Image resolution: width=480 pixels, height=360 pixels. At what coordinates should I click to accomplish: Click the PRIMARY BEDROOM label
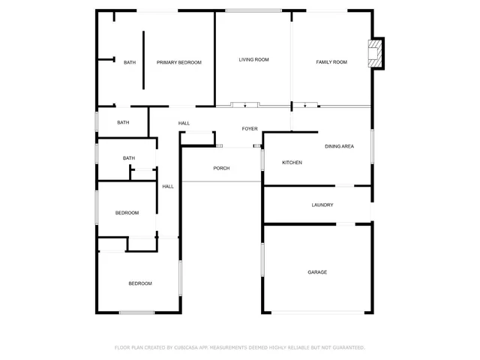click(178, 63)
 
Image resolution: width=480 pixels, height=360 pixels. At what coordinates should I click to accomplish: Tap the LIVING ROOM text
click(253, 60)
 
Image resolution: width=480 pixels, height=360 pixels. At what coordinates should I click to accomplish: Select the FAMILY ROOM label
click(331, 62)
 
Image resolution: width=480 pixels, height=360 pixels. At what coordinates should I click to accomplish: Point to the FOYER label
click(250, 129)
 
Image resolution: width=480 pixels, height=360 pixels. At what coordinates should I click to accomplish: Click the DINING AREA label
click(339, 146)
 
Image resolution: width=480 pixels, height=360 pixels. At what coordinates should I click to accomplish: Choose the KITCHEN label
click(292, 163)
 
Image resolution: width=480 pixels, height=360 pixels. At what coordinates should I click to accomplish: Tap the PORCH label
click(221, 168)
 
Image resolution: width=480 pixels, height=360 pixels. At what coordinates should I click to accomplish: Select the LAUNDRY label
click(322, 205)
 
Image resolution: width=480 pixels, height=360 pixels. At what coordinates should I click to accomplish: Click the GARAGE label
click(317, 272)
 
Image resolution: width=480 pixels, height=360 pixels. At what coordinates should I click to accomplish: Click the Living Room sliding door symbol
click(244, 105)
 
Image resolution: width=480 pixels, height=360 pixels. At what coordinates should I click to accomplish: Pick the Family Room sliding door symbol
click(305, 106)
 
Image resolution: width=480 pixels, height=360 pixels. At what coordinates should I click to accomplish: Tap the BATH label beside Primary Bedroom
click(130, 63)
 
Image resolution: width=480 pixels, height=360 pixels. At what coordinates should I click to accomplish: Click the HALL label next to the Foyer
click(184, 123)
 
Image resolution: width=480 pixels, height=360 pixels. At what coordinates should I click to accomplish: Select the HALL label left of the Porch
click(168, 187)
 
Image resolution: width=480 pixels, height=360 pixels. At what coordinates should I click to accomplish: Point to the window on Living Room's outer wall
click(253, 10)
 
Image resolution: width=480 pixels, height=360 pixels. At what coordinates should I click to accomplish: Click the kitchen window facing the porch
click(262, 159)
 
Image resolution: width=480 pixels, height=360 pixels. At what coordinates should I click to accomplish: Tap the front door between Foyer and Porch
click(238, 146)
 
